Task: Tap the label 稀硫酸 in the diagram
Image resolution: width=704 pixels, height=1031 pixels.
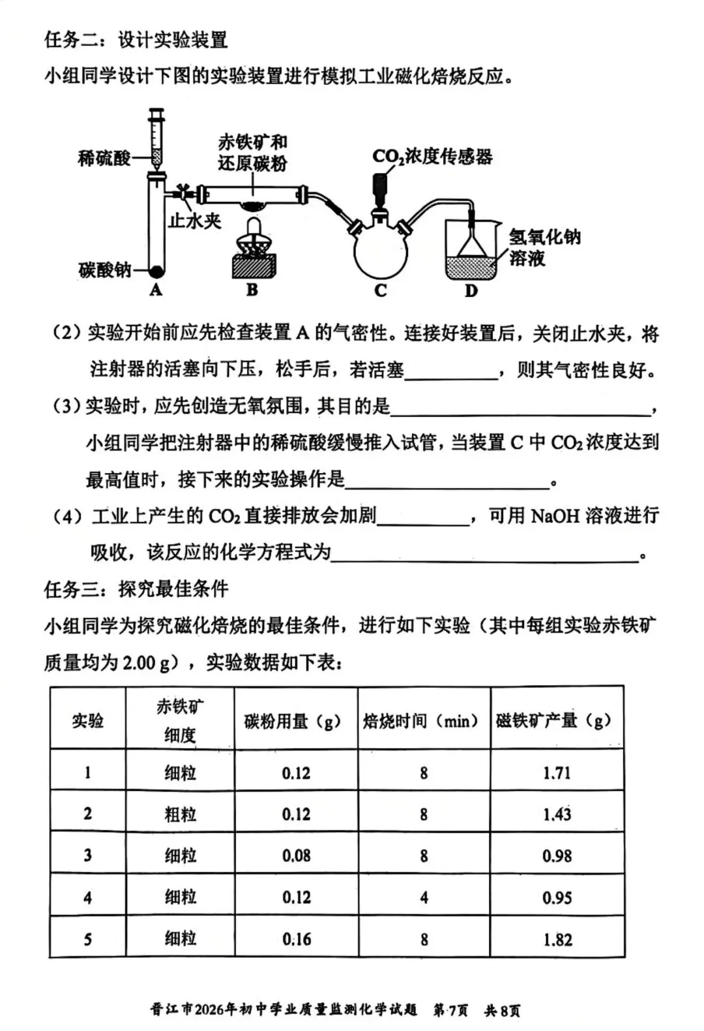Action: [x=104, y=158]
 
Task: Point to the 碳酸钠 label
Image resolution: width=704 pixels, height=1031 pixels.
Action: [x=105, y=269]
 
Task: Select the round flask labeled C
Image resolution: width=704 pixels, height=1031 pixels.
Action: [x=381, y=251]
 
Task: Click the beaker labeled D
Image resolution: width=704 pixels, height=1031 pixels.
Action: [x=471, y=251]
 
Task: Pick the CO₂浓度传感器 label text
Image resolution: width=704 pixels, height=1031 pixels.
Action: [x=432, y=157]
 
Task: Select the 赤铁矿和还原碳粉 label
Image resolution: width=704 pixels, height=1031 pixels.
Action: [x=252, y=152]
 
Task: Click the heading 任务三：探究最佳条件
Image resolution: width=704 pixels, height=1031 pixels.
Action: [x=136, y=589]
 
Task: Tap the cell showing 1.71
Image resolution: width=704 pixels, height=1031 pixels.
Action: [x=557, y=773]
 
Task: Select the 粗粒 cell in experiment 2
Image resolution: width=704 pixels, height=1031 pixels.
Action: [x=180, y=814]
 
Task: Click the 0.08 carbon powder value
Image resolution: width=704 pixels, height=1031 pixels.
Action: [x=296, y=855]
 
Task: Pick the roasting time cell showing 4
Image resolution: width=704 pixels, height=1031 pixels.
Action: [x=424, y=897]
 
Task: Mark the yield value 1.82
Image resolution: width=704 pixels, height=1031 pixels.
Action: [x=557, y=940]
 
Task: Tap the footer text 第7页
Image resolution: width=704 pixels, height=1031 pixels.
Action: [x=450, y=1009]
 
